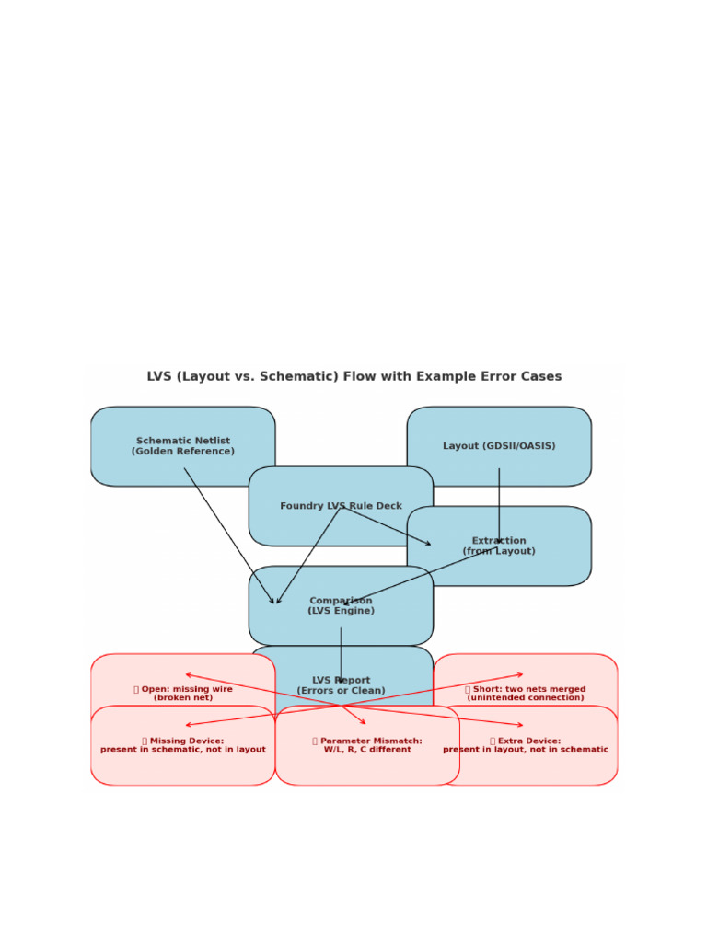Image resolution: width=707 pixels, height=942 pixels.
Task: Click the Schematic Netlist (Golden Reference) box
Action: pyautogui.click(x=183, y=446)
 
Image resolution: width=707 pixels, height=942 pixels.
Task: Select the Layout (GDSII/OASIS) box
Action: pyautogui.click(x=499, y=446)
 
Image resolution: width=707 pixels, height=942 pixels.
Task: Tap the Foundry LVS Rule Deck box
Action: pyautogui.click(x=341, y=506)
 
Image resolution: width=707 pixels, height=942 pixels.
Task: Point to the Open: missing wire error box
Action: pyautogui.click(x=183, y=692)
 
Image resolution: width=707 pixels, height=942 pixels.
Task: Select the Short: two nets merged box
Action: pyautogui.click(x=526, y=692)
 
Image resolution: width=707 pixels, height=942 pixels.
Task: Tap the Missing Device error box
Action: pyautogui.click(x=183, y=745)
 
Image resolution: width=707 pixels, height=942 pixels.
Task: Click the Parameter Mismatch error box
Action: pyautogui.click(x=367, y=745)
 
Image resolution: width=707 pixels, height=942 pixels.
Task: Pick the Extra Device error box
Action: pyautogui.click(x=526, y=745)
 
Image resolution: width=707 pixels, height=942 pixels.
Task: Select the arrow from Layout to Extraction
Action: pyautogui.click(x=499, y=506)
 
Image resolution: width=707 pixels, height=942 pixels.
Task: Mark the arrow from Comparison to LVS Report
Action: pyautogui.click(x=341, y=655)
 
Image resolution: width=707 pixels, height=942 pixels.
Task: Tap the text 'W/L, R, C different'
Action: pyautogui.click(x=367, y=750)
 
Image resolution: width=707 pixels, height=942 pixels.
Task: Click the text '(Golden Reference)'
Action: pyautogui.click(x=183, y=452)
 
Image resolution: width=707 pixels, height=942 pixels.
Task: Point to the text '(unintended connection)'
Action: pyautogui.click(x=526, y=697)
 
